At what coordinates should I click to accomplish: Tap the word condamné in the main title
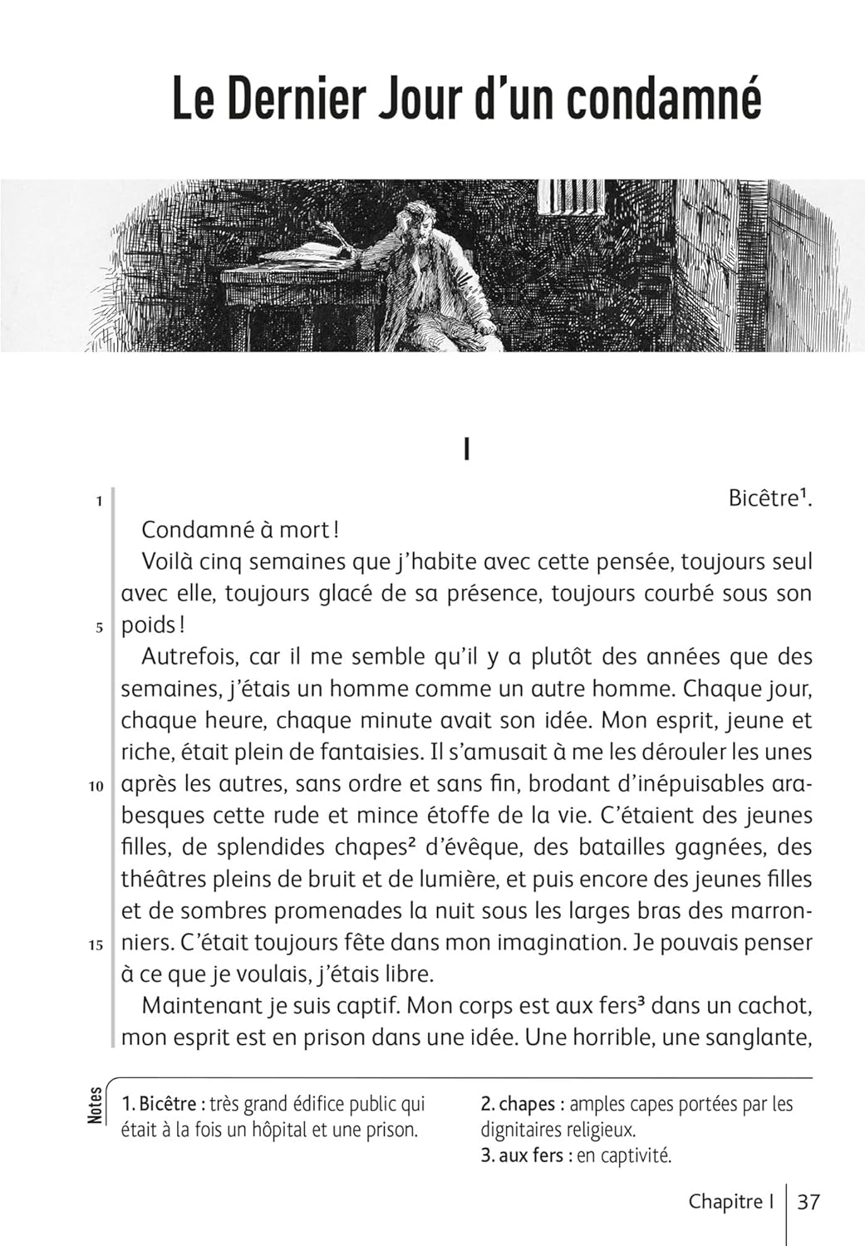click(664, 100)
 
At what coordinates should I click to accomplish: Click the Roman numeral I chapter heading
click(467, 450)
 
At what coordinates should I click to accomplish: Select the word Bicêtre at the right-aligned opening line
click(763, 498)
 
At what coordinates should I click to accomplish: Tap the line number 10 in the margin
click(96, 786)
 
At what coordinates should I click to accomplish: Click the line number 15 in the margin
click(96, 944)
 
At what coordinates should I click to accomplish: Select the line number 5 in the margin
click(99, 627)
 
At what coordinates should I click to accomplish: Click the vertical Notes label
click(96, 1106)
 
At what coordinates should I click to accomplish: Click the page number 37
click(808, 1202)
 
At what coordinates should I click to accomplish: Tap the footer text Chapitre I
click(731, 1202)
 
